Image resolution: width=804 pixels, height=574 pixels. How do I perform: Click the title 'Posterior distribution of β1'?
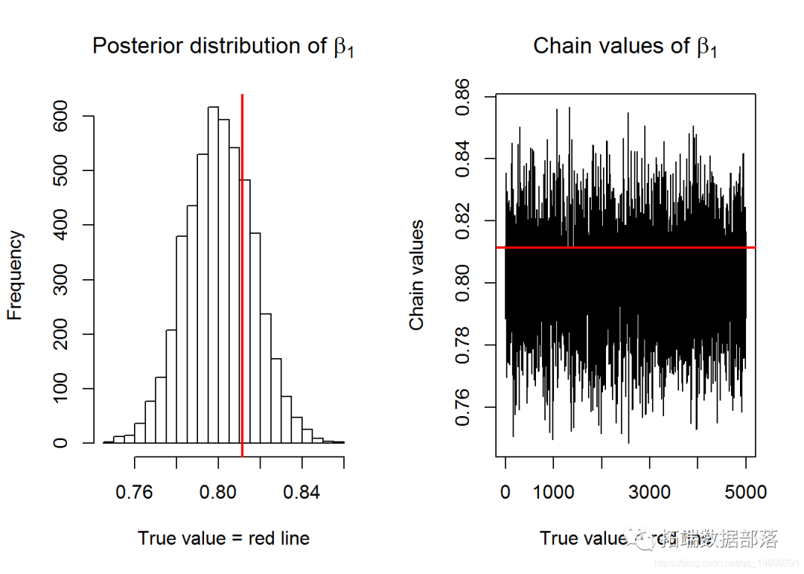click(x=222, y=47)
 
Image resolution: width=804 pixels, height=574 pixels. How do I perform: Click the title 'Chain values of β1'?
click(x=625, y=47)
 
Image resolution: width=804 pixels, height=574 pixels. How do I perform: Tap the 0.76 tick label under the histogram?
click(x=135, y=492)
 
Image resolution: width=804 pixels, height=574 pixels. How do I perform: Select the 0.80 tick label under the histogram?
click(x=218, y=492)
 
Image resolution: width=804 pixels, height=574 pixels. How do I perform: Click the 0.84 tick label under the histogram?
click(x=302, y=492)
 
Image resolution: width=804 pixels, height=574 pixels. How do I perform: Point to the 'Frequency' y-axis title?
click(x=16, y=275)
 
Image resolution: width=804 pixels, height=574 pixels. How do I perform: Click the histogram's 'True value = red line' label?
click(x=223, y=538)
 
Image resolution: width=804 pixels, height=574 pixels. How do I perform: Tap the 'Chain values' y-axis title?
click(x=417, y=275)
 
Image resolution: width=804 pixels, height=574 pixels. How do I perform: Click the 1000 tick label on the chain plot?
click(x=553, y=492)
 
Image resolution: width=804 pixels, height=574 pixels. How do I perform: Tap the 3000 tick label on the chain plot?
click(x=649, y=492)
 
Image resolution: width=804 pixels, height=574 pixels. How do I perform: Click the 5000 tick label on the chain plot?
click(x=745, y=492)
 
